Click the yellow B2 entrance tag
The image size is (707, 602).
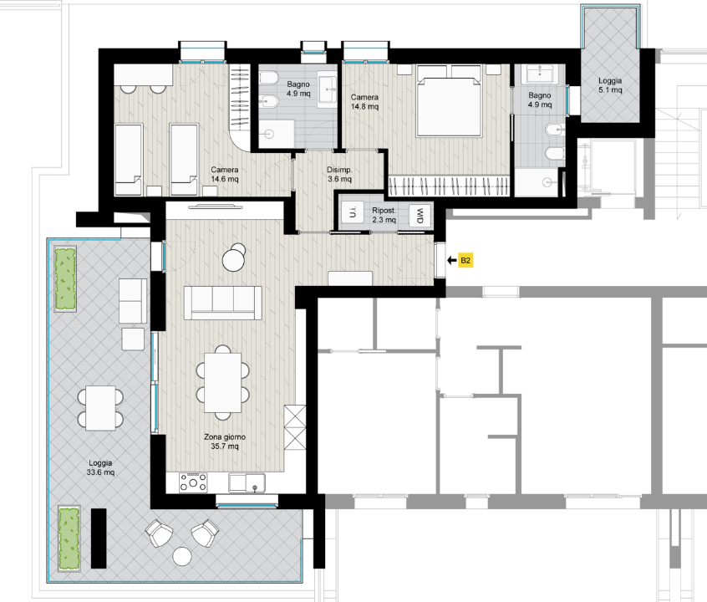click(465, 260)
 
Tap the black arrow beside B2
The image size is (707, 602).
click(452, 260)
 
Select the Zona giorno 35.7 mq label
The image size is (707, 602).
click(225, 441)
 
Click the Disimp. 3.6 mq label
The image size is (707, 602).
click(339, 174)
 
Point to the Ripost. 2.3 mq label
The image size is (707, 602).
click(384, 215)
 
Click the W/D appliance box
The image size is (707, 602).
click(420, 216)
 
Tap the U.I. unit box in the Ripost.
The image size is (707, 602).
click(353, 212)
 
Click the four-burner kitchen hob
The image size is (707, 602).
click(193, 482)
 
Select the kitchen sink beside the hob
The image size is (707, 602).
click(247, 482)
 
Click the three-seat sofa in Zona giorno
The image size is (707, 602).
click(223, 303)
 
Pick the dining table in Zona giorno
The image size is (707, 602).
click(223, 383)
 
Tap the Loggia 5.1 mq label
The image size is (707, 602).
click(610, 85)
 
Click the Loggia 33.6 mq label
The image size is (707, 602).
click(100, 467)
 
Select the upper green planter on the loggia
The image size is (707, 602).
click(65, 278)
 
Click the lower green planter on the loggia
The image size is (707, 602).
click(69, 538)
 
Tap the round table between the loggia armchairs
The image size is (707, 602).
click(182, 556)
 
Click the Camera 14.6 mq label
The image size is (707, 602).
click(225, 174)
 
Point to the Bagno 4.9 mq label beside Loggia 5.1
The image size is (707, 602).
click(540, 99)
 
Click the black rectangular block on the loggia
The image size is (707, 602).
click(99, 538)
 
